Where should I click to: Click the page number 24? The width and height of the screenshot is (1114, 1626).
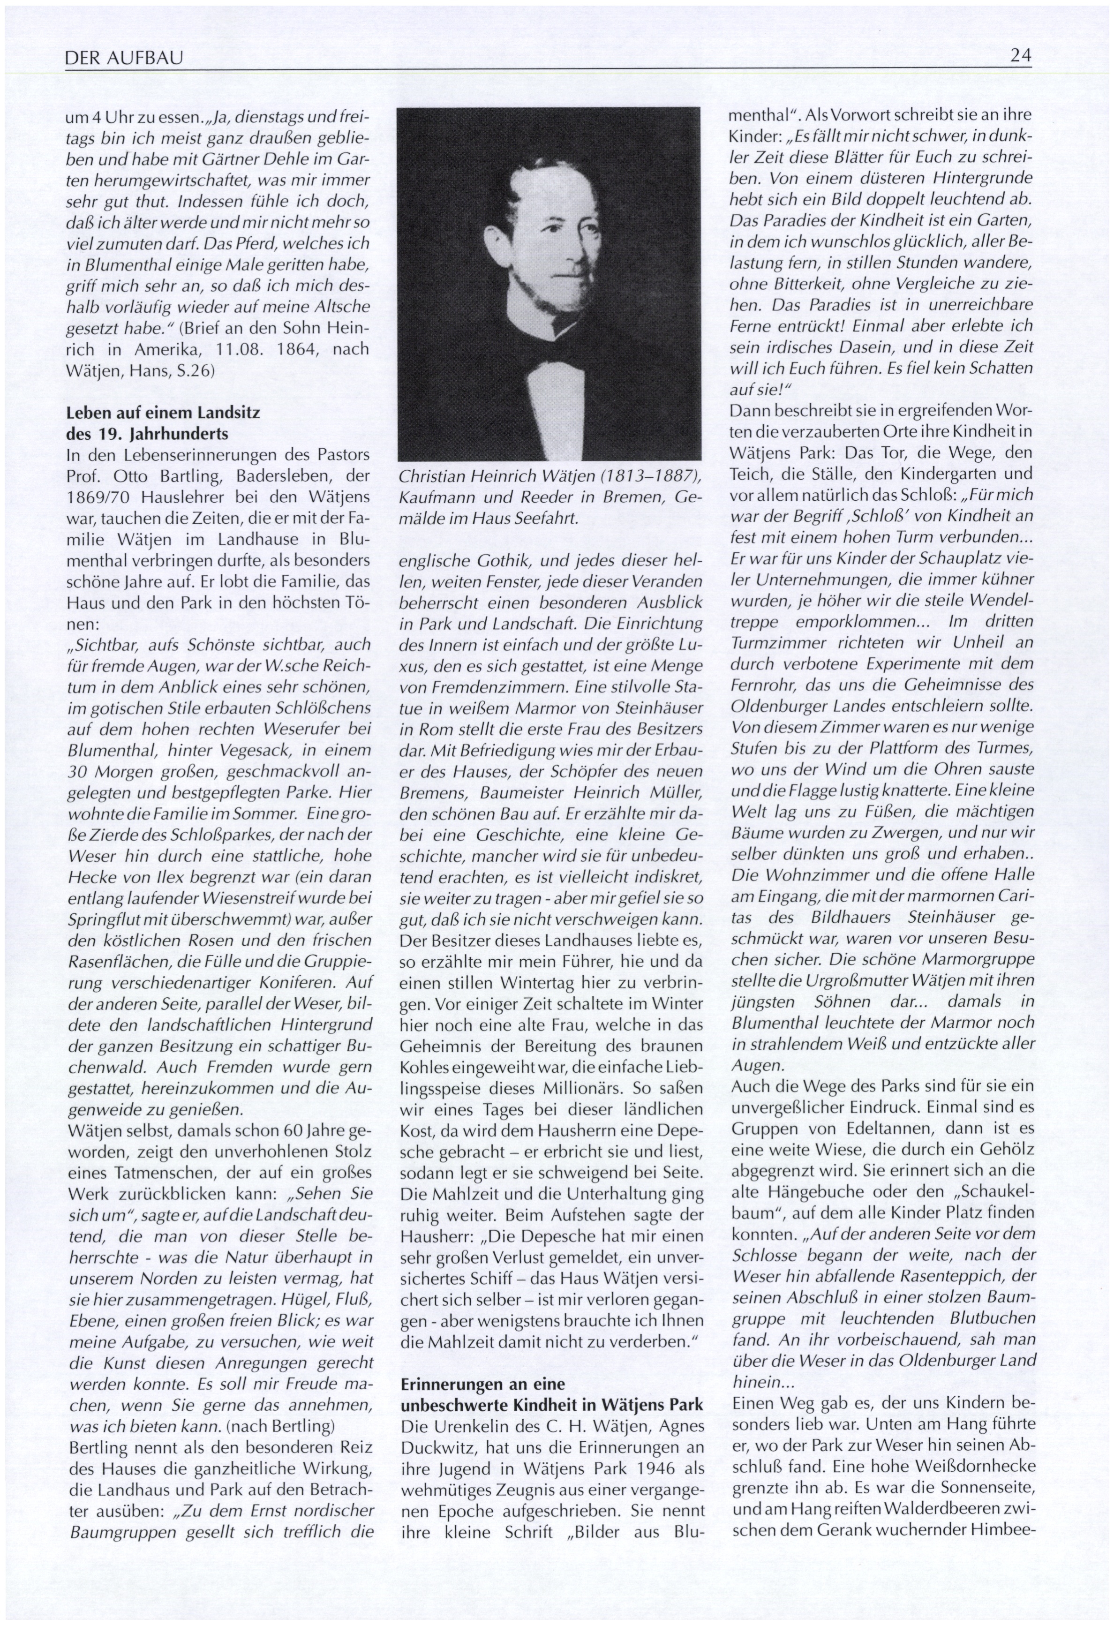(1021, 56)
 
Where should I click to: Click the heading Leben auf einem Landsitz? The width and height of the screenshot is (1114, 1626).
(162, 413)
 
